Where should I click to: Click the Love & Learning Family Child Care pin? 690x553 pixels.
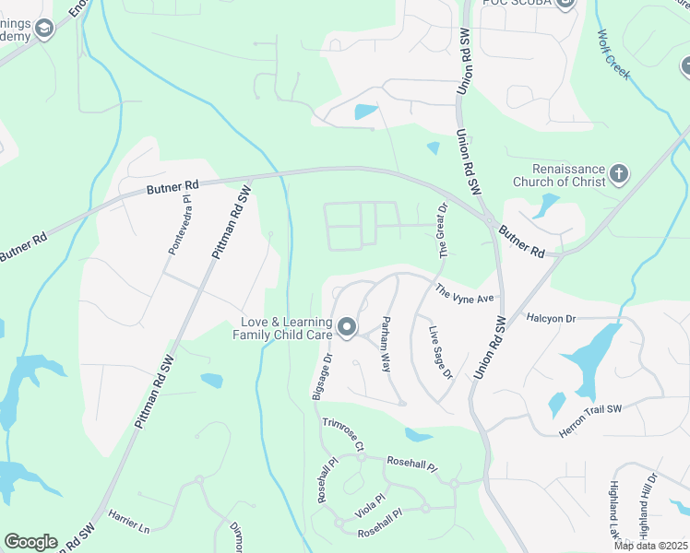[x=348, y=327]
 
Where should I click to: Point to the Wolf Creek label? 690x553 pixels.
[x=613, y=54]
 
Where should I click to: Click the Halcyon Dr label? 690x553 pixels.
[x=551, y=318]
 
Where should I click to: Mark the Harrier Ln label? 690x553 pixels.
[x=129, y=522]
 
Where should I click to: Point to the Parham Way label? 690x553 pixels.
[x=387, y=344]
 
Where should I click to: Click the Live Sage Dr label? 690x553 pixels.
[x=440, y=353]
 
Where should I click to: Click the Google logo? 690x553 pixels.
[x=30, y=542]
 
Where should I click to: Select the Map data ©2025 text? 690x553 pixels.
[x=650, y=546]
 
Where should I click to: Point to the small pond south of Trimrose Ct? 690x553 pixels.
[x=418, y=435]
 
